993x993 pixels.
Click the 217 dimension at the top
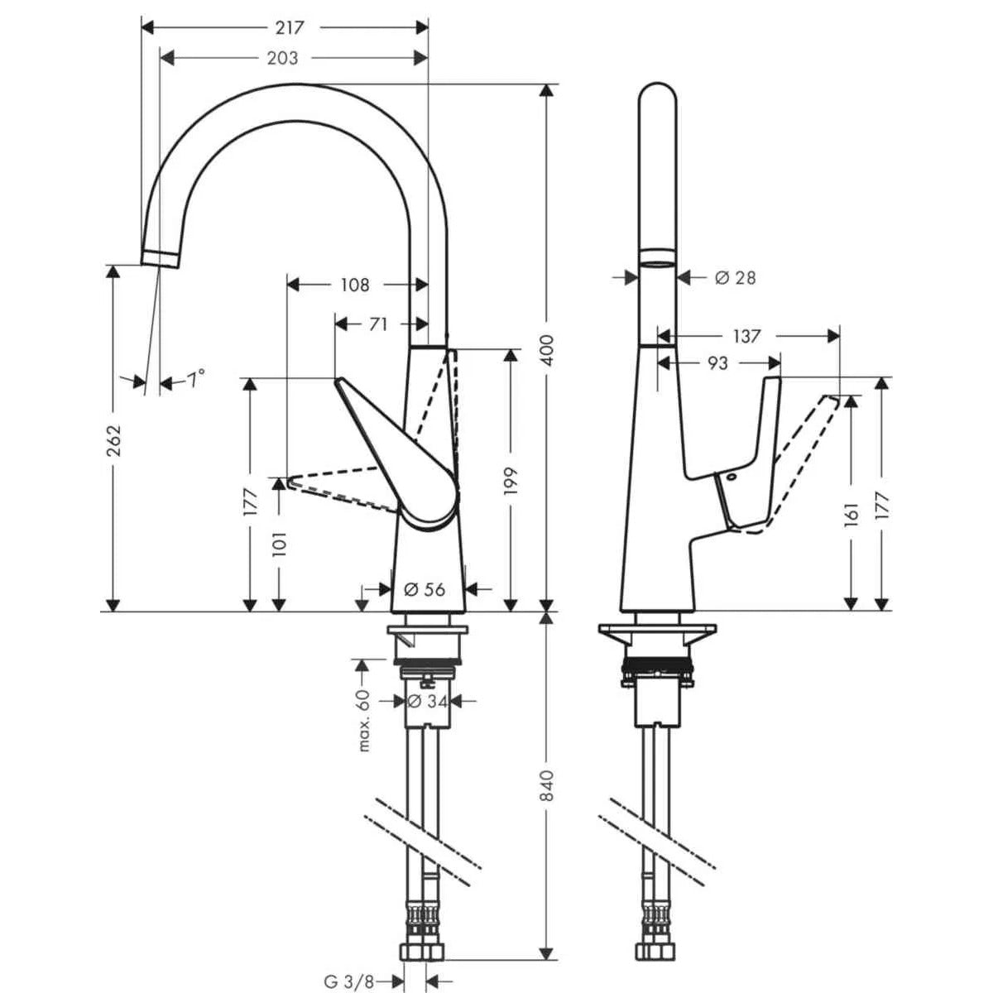(x=289, y=27)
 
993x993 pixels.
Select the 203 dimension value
(x=283, y=58)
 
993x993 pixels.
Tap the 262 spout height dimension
(x=113, y=439)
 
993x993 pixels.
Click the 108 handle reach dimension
(x=354, y=285)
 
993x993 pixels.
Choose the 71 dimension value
(x=377, y=324)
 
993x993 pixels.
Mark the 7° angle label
(x=195, y=380)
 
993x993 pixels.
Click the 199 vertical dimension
(x=511, y=482)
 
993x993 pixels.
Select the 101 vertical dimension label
(x=279, y=544)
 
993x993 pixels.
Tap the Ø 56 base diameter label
(x=425, y=589)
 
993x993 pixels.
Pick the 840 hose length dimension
(x=547, y=795)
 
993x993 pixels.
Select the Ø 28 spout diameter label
(x=735, y=278)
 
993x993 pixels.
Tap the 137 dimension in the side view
(x=746, y=336)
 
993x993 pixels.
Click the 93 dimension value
(x=718, y=363)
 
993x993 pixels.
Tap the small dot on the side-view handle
(x=732, y=477)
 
